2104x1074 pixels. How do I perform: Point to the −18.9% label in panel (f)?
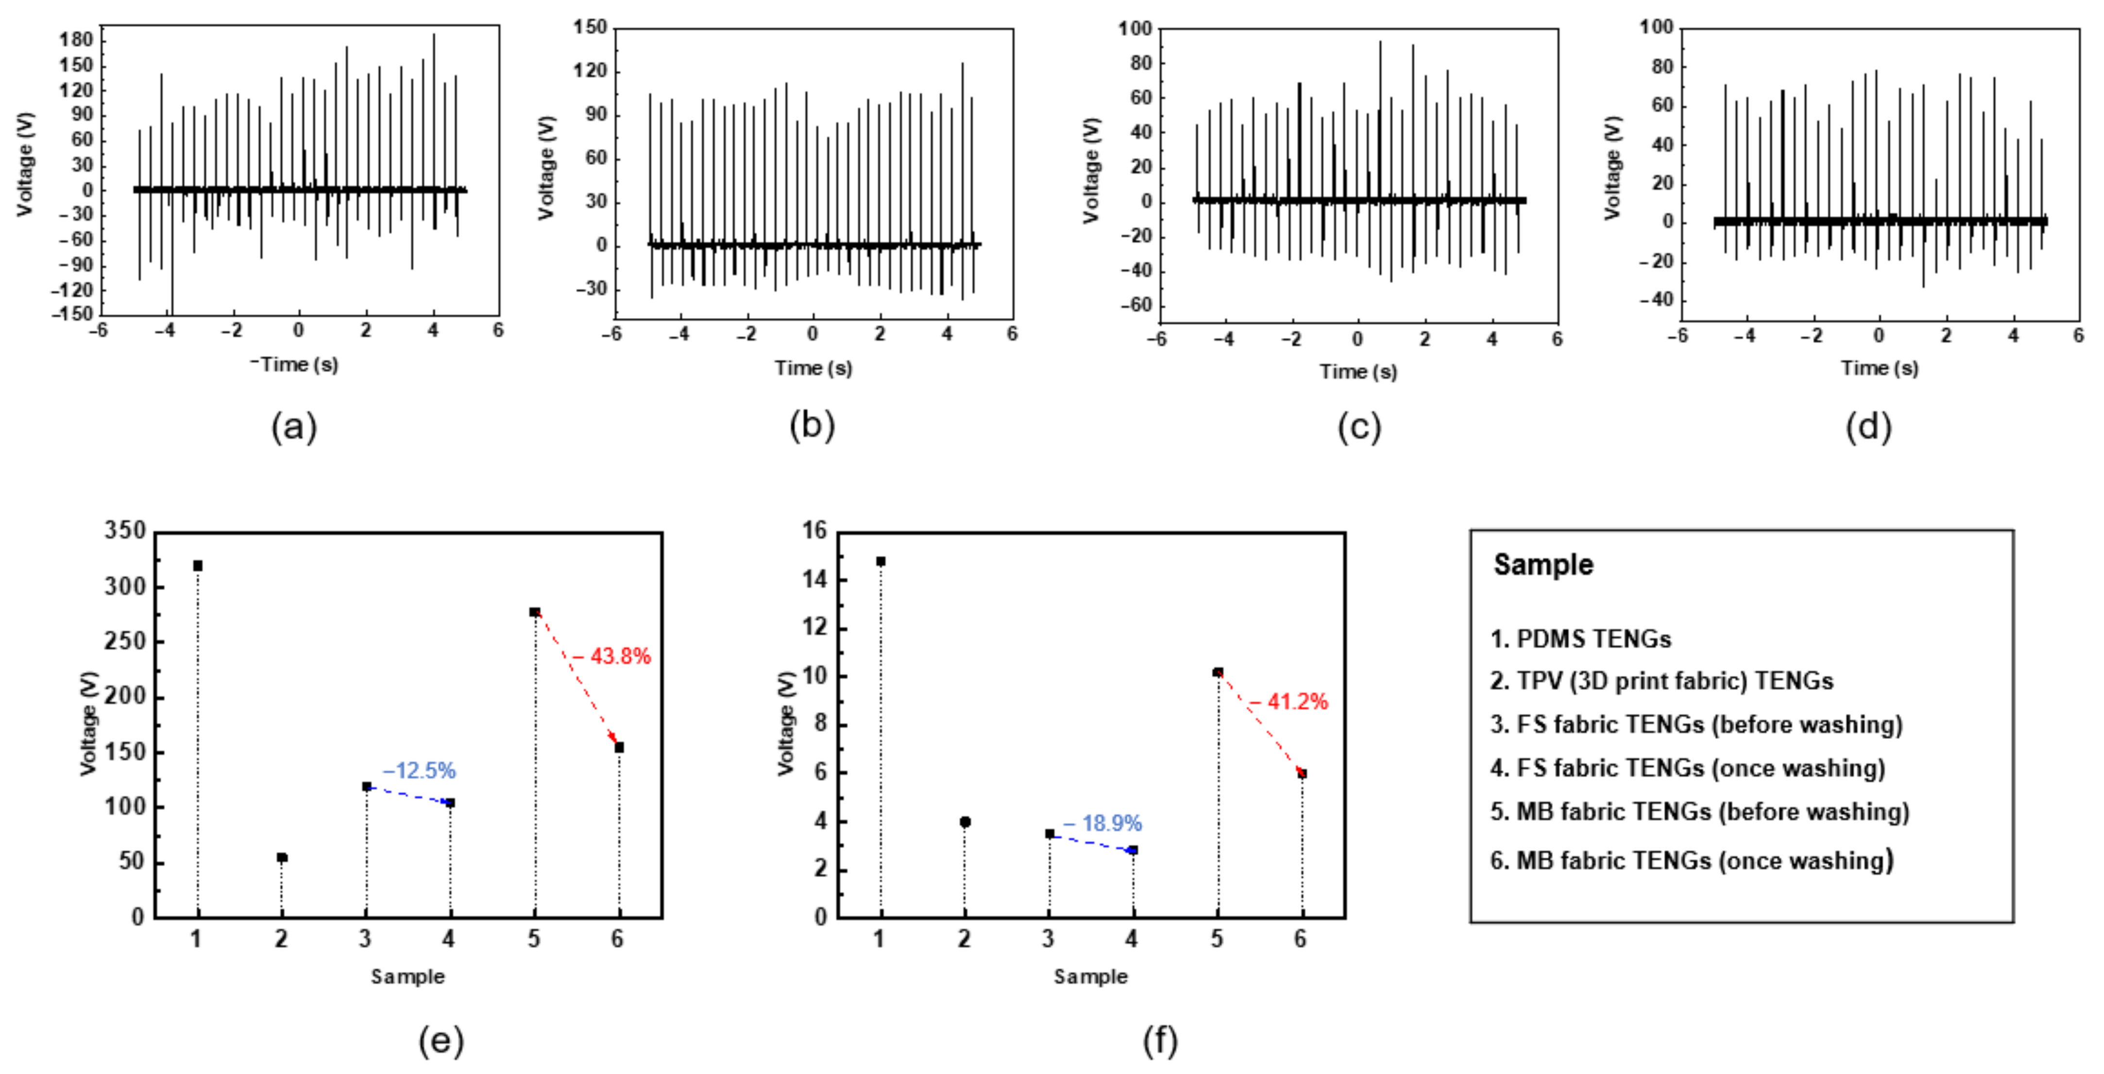[x=1103, y=823]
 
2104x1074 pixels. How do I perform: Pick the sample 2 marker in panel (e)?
[x=282, y=857]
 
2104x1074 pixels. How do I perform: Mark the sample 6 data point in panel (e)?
[x=619, y=747]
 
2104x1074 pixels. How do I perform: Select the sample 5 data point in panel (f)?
[x=1218, y=672]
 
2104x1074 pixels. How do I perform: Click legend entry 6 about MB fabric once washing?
[x=1692, y=861]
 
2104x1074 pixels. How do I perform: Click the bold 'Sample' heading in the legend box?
[x=1543, y=564]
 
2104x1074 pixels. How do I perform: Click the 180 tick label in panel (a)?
[x=76, y=40]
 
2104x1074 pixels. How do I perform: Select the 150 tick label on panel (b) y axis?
[x=590, y=28]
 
